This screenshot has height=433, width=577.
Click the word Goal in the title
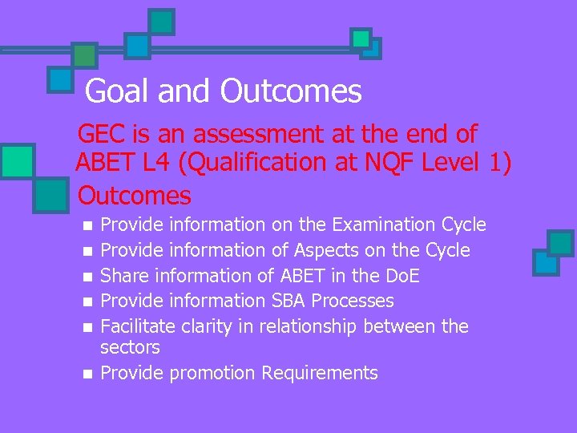point(118,91)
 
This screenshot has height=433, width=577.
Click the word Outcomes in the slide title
point(292,91)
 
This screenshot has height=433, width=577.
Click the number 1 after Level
point(497,163)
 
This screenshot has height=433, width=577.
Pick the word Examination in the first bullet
point(380,225)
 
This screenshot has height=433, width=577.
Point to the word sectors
point(130,347)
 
